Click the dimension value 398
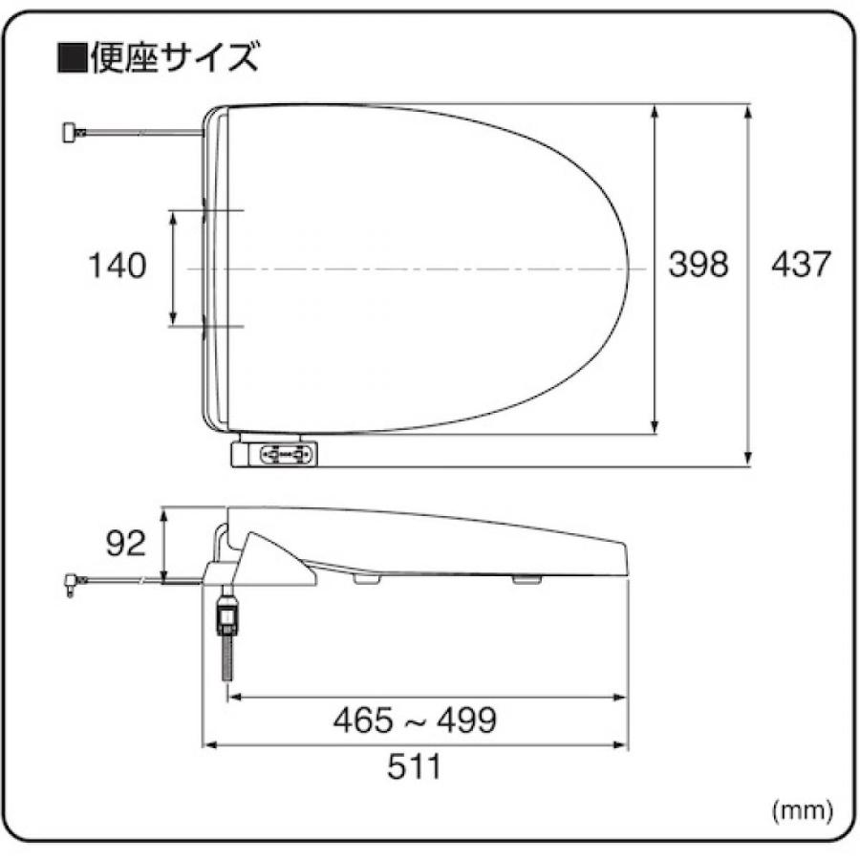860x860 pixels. (x=698, y=265)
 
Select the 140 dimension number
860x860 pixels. (x=118, y=266)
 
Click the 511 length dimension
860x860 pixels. (x=415, y=765)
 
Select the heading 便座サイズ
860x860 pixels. (x=172, y=59)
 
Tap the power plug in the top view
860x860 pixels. (x=70, y=133)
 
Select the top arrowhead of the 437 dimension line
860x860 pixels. (x=750, y=111)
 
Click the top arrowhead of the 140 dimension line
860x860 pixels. (x=173, y=218)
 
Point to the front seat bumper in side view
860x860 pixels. (x=524, y=578)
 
